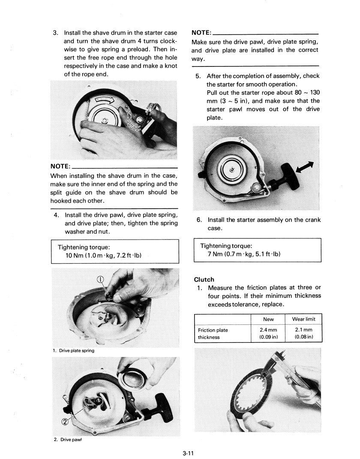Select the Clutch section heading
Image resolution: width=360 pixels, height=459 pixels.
(x=204, y=279)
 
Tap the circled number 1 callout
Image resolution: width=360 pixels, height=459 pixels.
(x=101, y=280)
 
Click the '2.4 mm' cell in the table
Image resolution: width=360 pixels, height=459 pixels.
(x=269, y=330)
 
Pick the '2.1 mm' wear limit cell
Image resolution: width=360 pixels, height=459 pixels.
(x=304, y=330)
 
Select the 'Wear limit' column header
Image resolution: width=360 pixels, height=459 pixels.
(x=303, y=319)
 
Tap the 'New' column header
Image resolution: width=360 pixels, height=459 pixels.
(x=268, y=319)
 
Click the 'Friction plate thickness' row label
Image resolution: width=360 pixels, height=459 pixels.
(x=213, y=333)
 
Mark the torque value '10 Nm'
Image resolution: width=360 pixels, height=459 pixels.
(x=73, y=256)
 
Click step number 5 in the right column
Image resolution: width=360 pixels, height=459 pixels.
(x=198, y=76)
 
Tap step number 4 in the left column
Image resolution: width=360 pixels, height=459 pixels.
(x=56, y=215)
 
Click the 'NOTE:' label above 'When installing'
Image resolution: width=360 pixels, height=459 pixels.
(x=60, y=166)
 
